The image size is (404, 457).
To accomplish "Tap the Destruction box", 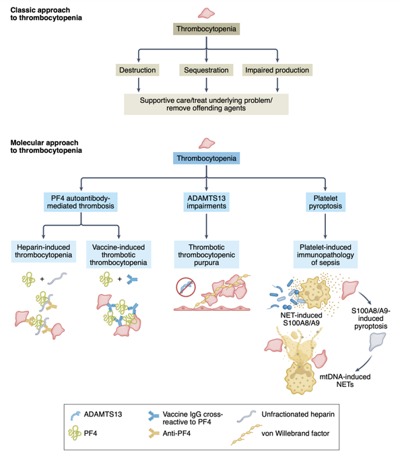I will [x=139, y=70].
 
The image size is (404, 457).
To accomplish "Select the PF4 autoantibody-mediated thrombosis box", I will [x=82, y=201].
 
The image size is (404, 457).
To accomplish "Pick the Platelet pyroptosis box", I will [x=326, y=201].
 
